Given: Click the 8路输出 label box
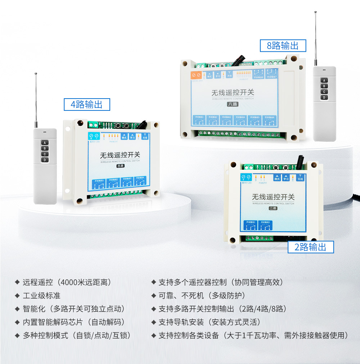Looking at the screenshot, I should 283,46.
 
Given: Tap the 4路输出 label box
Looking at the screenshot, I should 87,105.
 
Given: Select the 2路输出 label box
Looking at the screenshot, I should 311,247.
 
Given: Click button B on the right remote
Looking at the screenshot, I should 324,86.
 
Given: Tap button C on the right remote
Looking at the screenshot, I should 324,92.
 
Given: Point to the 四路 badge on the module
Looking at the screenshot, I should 120,166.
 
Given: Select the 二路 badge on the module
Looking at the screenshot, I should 273,208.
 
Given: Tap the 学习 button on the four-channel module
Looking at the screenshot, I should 132,137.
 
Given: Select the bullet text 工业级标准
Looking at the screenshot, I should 42,296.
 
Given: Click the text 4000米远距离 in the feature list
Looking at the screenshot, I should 86,282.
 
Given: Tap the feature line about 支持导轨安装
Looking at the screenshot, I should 210,322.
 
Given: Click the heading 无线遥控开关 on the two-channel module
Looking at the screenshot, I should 273,197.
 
